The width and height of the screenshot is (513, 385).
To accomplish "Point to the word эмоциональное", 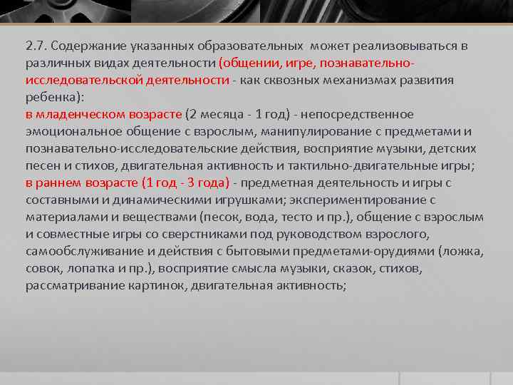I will [73, 132].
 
